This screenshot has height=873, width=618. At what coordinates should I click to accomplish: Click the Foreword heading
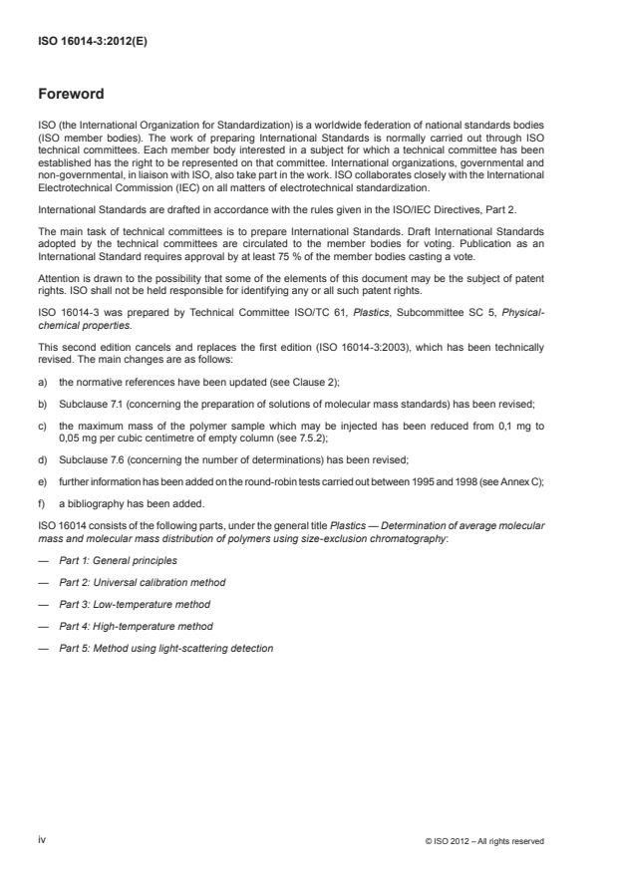pos(70,95)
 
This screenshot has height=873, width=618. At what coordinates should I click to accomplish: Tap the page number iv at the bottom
pos(43,840)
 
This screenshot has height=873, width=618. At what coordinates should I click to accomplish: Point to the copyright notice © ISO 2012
pos(482,841)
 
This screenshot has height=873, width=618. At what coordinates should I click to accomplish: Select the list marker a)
pos(43,383)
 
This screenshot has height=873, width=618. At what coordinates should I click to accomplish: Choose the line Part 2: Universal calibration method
pos(142,582)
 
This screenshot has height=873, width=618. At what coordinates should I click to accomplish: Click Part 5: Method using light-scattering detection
pos(165,648)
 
